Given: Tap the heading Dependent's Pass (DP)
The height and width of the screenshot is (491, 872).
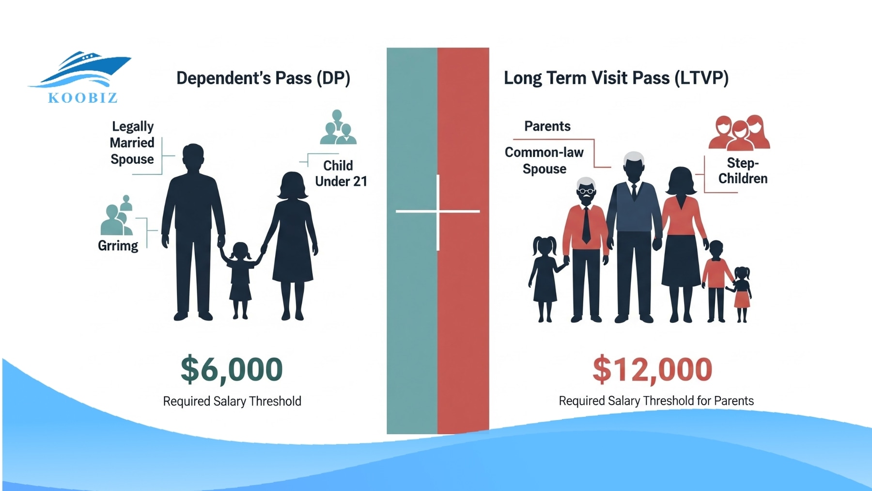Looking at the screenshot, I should pos(263,78).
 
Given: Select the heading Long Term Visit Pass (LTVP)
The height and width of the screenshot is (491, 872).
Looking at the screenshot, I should pos(616,78).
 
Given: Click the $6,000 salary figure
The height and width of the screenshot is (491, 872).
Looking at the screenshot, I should pos(232,369).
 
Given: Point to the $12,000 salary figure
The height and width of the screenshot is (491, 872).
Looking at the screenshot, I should pos(652,369).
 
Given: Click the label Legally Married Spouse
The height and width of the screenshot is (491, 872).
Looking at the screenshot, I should pos(132,143).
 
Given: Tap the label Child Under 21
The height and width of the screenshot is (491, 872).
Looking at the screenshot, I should pos(340,173).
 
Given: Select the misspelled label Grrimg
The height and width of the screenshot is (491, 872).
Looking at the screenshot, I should pos(118,246).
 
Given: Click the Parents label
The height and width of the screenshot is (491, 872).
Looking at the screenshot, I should pos(547,127).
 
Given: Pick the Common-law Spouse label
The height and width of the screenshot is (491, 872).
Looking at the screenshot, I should pos(544,160).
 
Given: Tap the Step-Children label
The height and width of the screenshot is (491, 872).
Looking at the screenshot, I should pos(743,171).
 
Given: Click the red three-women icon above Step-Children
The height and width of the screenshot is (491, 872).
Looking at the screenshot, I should pos(739,132).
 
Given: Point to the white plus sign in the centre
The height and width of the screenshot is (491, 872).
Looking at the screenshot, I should pos(438,212).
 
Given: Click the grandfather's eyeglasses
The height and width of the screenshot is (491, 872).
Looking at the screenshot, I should pos(586,191).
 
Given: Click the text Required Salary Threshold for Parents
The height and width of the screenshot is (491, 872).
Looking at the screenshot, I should pos(656,401).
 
